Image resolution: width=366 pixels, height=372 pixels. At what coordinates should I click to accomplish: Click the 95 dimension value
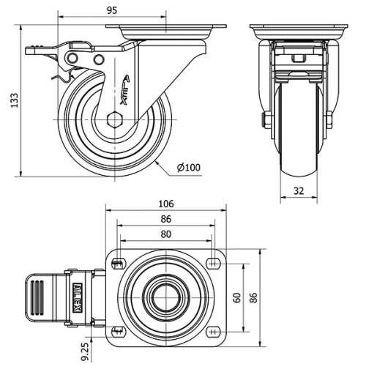coord(112,10)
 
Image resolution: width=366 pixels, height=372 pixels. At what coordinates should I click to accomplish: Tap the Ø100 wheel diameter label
coord(189,168)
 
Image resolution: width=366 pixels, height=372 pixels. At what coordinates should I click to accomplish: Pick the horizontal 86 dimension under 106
coord(166,219)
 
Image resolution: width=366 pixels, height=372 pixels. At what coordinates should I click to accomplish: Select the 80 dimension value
coord(166,234)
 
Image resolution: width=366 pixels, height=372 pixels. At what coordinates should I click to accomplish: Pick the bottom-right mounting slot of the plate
coord(214,331)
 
